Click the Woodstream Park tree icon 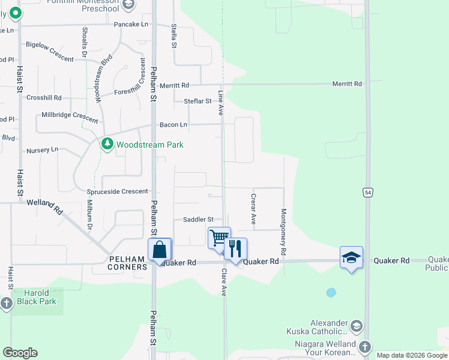(107, 144)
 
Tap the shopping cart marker (219, 237)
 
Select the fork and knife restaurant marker (235, 248)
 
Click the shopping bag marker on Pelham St (160, 249)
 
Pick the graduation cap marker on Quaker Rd (351, 257)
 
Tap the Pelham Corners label (127, 263)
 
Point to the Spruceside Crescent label (118, 191)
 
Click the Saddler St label (194, 220)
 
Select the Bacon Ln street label (173, 125)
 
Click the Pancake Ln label (130, 25)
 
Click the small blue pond (331, 293)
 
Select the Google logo (20, 353)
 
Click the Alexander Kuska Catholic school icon (356, 326)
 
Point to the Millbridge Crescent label (69, 115)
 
